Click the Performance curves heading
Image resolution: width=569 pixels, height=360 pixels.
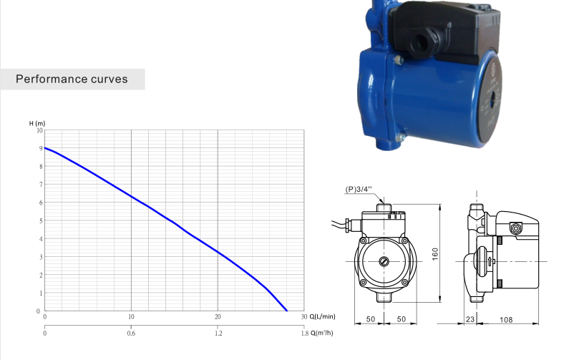(72, 79)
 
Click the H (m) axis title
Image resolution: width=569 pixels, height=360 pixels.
(37, 123)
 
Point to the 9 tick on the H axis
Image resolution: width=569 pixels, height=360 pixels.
(41, 148)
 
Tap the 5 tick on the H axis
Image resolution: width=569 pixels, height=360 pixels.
(41, 220)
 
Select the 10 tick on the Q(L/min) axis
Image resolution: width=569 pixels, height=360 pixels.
(131, 317)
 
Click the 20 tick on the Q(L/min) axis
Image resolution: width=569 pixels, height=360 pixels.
(218, 317)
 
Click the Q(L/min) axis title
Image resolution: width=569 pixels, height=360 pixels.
(322, 316)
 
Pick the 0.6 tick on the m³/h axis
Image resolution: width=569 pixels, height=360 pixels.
(131, 333)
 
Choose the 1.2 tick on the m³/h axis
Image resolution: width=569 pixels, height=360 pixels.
(218, 333)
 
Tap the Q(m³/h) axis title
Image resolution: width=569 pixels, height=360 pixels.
(322, 333)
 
